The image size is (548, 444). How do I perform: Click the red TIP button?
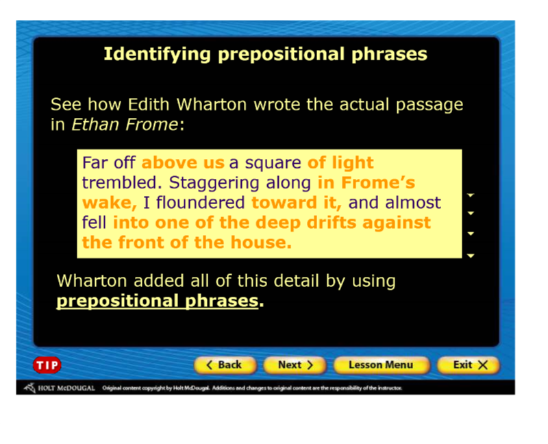[47, 365]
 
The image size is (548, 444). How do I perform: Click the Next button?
[295, 365]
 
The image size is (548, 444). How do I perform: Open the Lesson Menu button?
[381, 365]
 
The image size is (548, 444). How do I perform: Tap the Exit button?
[469, 365]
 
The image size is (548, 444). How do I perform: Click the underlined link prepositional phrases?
[158, 301]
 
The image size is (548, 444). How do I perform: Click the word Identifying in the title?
[158, 54]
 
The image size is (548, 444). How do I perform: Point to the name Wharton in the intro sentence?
[212, 104]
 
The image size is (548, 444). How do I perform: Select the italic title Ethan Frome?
[125, 125]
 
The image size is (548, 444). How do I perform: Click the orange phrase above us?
[183, 162]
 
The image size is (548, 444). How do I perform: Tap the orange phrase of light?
[340, 162]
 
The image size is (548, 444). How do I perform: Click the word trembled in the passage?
[123, 182]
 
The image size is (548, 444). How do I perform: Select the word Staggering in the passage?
[215, 183]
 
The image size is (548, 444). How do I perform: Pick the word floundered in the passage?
[200, 202]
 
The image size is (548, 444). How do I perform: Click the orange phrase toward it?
[297, 203]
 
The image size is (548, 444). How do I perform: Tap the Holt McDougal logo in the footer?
[60, 388]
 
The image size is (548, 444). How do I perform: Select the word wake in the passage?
[108, 203]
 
